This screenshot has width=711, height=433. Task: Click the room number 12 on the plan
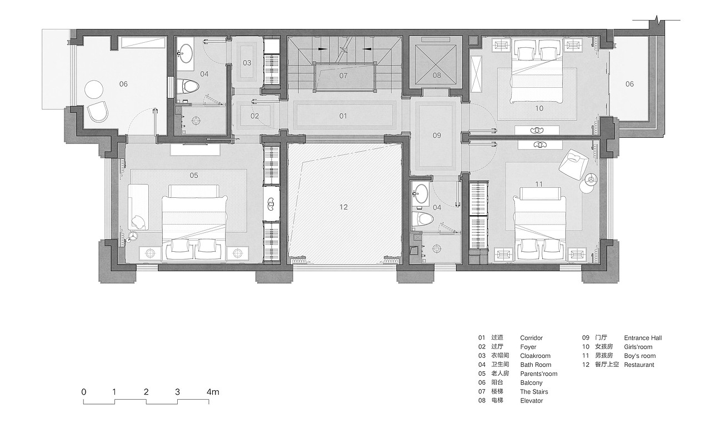(343, 207)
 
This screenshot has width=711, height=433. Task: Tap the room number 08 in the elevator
(437, 75)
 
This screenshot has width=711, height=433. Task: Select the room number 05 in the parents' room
(194, 175)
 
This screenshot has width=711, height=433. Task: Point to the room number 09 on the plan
(437, 135)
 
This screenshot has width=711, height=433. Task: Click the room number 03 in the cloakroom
(247, 63)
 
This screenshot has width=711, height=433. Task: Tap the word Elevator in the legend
(532, 401)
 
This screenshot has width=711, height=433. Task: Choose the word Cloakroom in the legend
(535, 356)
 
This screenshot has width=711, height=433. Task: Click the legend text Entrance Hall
(643, 338)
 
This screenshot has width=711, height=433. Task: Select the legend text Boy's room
(640, 356)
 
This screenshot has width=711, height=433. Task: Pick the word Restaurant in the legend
(639, 365)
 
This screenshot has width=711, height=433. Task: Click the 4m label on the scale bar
(213, 392)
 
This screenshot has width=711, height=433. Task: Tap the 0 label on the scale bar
(84, 392)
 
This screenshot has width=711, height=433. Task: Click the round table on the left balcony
(94, 89)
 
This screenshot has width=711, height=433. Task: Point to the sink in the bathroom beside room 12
(420, 192)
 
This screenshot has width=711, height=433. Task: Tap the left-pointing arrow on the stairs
(367, 49)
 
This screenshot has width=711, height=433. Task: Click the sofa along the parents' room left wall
(138, 207)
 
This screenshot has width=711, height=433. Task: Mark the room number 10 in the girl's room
(539, 108)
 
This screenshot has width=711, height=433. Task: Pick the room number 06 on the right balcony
(630, 84)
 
